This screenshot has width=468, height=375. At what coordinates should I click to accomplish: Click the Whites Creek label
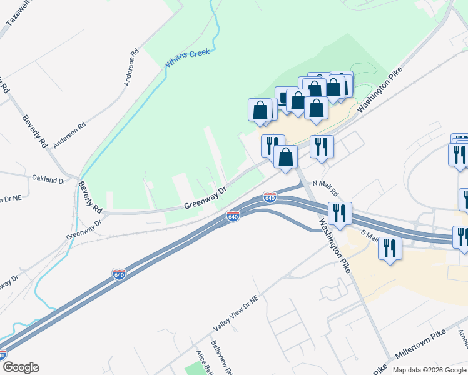click(187, 59)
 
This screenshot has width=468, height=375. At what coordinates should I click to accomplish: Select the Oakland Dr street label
click(49, 180)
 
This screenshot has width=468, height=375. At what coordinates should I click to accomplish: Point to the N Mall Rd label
click(325, 187)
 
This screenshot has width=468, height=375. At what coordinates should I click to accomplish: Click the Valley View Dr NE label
click(235, 314)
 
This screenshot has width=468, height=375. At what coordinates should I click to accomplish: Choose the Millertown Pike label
click(420, 346)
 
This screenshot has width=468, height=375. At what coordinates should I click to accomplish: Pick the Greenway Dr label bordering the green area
click(205, 201)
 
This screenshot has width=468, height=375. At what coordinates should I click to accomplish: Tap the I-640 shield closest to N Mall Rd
click(270, 197)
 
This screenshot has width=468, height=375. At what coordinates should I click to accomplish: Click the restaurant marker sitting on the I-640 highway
click(340, 213)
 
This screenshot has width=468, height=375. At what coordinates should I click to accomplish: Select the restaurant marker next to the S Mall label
click(390, 248)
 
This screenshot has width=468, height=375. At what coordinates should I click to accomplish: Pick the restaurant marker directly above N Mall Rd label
click(322, 147)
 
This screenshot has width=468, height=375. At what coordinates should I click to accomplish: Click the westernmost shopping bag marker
click(260, 111)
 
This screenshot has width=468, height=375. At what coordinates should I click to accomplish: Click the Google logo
click(21, 368)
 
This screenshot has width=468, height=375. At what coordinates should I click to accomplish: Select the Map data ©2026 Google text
click(429, 370)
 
